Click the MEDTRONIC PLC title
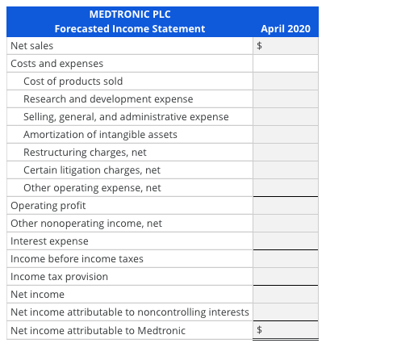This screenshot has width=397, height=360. [x=129, y=14]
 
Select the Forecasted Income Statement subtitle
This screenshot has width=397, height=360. [x=129, y=29]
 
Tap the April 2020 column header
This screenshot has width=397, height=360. [x=285, y=29]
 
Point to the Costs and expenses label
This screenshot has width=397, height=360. [x=56, y=63]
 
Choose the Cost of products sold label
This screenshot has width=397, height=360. [x=73, y=81]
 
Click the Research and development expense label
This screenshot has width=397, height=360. [x=108, y=98]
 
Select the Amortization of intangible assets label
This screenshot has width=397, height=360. [x=100, y=134]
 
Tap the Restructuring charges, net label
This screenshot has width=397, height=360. [x=85, y=152]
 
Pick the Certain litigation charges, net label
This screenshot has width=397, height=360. [x=92, y=170]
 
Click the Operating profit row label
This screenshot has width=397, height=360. [x=48, y=205]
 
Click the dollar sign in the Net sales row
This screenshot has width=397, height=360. [x=260, y=46]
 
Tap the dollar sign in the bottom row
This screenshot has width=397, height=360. [x=260, y=329]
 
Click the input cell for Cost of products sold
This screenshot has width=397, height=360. [x=285, y=81]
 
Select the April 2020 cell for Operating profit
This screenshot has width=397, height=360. [x=285, y=205]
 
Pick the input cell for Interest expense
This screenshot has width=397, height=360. [x=285, y=241]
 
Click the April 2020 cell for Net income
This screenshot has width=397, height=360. [x=285, y=294]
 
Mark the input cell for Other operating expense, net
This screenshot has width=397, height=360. [x=285, y=187]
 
